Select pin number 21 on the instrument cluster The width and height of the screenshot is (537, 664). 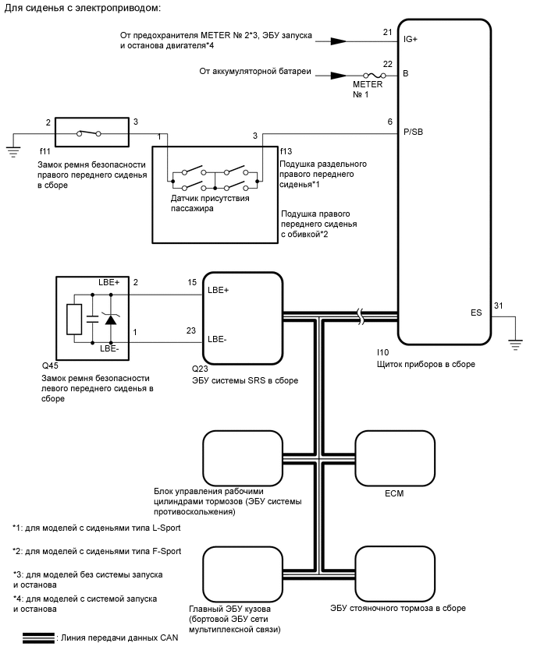coord(388,32)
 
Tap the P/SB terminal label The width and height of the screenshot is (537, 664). coord(414,132)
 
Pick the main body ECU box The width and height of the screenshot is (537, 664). coord(241,574)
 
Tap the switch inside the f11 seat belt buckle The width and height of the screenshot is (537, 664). coord(87,133)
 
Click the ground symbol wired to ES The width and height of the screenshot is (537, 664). coord(514,340)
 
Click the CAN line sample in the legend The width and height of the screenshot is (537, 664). coord(37,638)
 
